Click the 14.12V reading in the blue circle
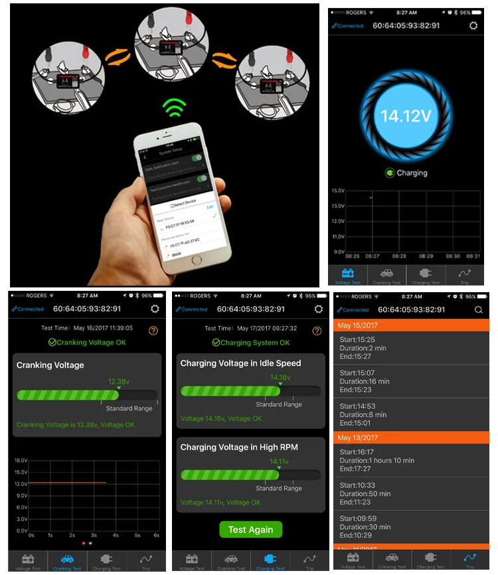[406, 116]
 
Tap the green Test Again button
[250, 529]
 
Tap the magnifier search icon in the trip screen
[479, 309]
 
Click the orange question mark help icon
[153, 330]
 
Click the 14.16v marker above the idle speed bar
[280, 378]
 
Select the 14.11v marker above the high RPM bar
[279, 461]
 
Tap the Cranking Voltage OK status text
[86, 343]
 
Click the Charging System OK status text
[251, 343]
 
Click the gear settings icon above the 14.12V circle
[473, 26]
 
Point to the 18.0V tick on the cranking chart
[21, 460]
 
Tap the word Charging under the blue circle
[412, 173]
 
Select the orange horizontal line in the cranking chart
[67, 483]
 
